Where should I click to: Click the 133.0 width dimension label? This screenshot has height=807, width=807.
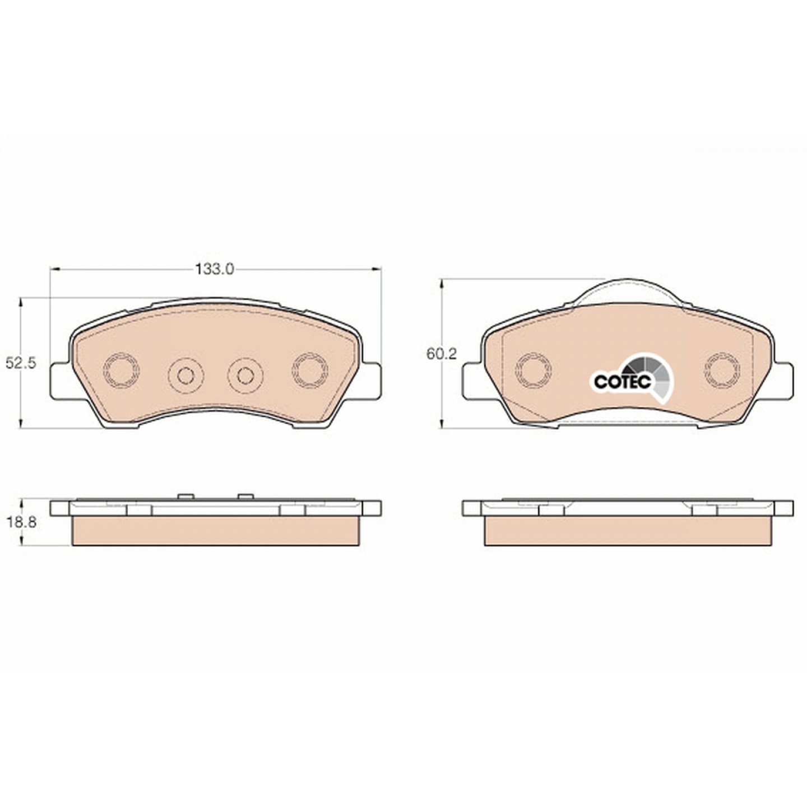(215, 270)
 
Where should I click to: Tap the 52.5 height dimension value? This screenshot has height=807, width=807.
(21, 363)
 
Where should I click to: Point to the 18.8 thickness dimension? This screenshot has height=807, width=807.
(21, 523)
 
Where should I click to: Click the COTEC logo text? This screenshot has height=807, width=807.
(622, 381)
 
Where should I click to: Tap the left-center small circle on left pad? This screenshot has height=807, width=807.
(185, 375)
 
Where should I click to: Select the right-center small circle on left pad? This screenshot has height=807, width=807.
(245, 375)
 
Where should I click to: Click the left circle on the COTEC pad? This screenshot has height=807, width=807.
(534, 370)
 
